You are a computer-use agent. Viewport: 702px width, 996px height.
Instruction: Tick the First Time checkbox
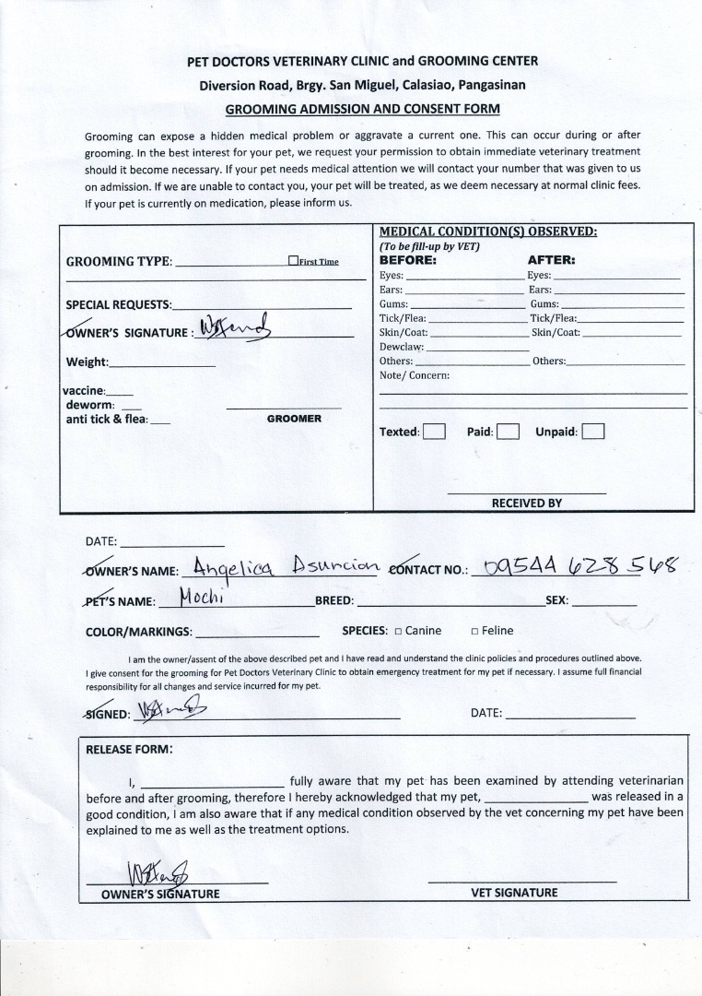pyautogui.click(x=293, y=261)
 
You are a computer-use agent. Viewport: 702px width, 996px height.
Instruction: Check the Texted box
pyautogui.click(x=434, y=432)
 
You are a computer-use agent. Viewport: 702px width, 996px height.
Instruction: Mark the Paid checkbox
pyautogui.click(x=509, y=432)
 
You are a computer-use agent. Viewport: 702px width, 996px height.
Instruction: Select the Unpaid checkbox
pyautogui.click(x=593, y=432)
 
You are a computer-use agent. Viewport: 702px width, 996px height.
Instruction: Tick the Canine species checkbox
pyautogui.click(x=398, y=632)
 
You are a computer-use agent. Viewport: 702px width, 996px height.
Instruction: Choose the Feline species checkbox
pyautogui.click(x=474, y=632)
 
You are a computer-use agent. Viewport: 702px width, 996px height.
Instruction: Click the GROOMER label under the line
pyautogui.click(x=294, y=419)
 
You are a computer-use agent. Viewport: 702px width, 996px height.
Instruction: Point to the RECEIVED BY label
pyautogui.click(x=526, y=504)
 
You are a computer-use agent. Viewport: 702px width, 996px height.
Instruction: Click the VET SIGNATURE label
pyautogui.click(x=514, y=893)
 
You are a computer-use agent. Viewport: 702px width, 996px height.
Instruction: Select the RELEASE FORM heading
pyautogui.click(x=129, y=749)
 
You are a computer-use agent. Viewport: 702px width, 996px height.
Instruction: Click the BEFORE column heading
pyautogui.click(x=408, y=260)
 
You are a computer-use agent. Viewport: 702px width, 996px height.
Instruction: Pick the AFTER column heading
pyautogui.click(x=551, y=260)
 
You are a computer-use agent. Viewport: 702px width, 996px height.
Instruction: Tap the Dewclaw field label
pyautogui.click(x=402, y=347)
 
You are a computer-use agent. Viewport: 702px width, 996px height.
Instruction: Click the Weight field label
pyautogui.click(x=87, y=362)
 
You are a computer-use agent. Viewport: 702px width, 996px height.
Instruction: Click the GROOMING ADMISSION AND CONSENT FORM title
pyautogui.click(x=363, y=109)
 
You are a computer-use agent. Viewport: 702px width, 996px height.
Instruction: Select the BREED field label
pyautogui.click(x=334, y=600)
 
